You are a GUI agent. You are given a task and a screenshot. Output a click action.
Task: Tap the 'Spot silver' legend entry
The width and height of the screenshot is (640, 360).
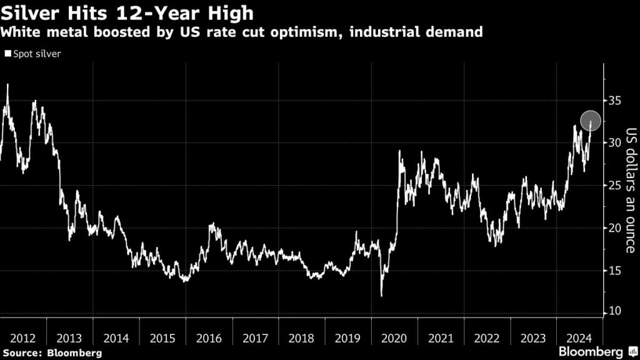point(34,54)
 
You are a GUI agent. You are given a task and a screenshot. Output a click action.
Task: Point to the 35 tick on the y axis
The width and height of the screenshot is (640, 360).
point(614,100)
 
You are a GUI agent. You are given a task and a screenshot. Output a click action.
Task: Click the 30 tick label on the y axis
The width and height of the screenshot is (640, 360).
point(614,142)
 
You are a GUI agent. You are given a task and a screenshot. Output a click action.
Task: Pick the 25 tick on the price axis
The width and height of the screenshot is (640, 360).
point(614,185)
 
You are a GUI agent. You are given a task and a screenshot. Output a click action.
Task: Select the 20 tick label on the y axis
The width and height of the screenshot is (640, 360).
point(614,227)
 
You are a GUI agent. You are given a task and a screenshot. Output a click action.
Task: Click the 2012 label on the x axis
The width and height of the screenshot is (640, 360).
point(23,338)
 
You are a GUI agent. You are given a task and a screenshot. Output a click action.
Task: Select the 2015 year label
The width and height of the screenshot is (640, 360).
point(162,338)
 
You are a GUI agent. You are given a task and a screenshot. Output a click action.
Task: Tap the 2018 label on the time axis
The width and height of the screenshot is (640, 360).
point(302,338)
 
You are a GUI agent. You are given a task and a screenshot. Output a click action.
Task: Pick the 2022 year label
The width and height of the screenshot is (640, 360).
point(487,338)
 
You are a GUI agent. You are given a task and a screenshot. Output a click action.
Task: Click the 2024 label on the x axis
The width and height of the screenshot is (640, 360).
point(579,338)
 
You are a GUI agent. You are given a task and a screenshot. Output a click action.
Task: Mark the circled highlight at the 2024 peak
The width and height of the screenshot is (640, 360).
point(591,121)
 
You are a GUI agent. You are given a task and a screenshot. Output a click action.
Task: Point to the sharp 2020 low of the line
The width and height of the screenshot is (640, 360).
point(381,296)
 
